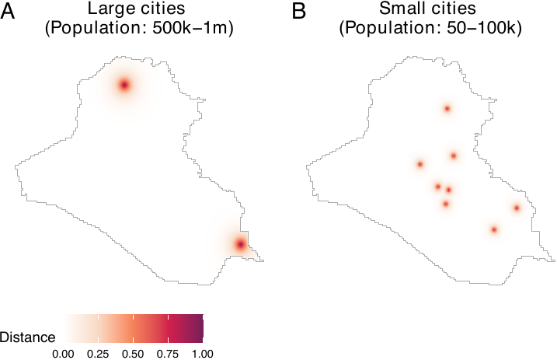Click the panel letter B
tap(299, 12)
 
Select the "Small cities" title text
tap(429, 11)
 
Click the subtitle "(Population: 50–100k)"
tap(430, 29)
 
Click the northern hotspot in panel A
tap(124, 85)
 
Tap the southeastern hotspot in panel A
tap(240, 245)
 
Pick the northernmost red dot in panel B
tap(447, 108)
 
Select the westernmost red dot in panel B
tap(420, 164)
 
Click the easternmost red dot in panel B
tap(517, 208)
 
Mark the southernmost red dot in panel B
tap(494, 229)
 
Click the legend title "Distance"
tap(28, 337)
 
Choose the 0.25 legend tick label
tap(98, 353)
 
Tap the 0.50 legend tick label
tap(133, 353)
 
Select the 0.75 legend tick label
tap(168, 353)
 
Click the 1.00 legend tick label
tap(202, 353)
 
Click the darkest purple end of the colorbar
tap(200, 327)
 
